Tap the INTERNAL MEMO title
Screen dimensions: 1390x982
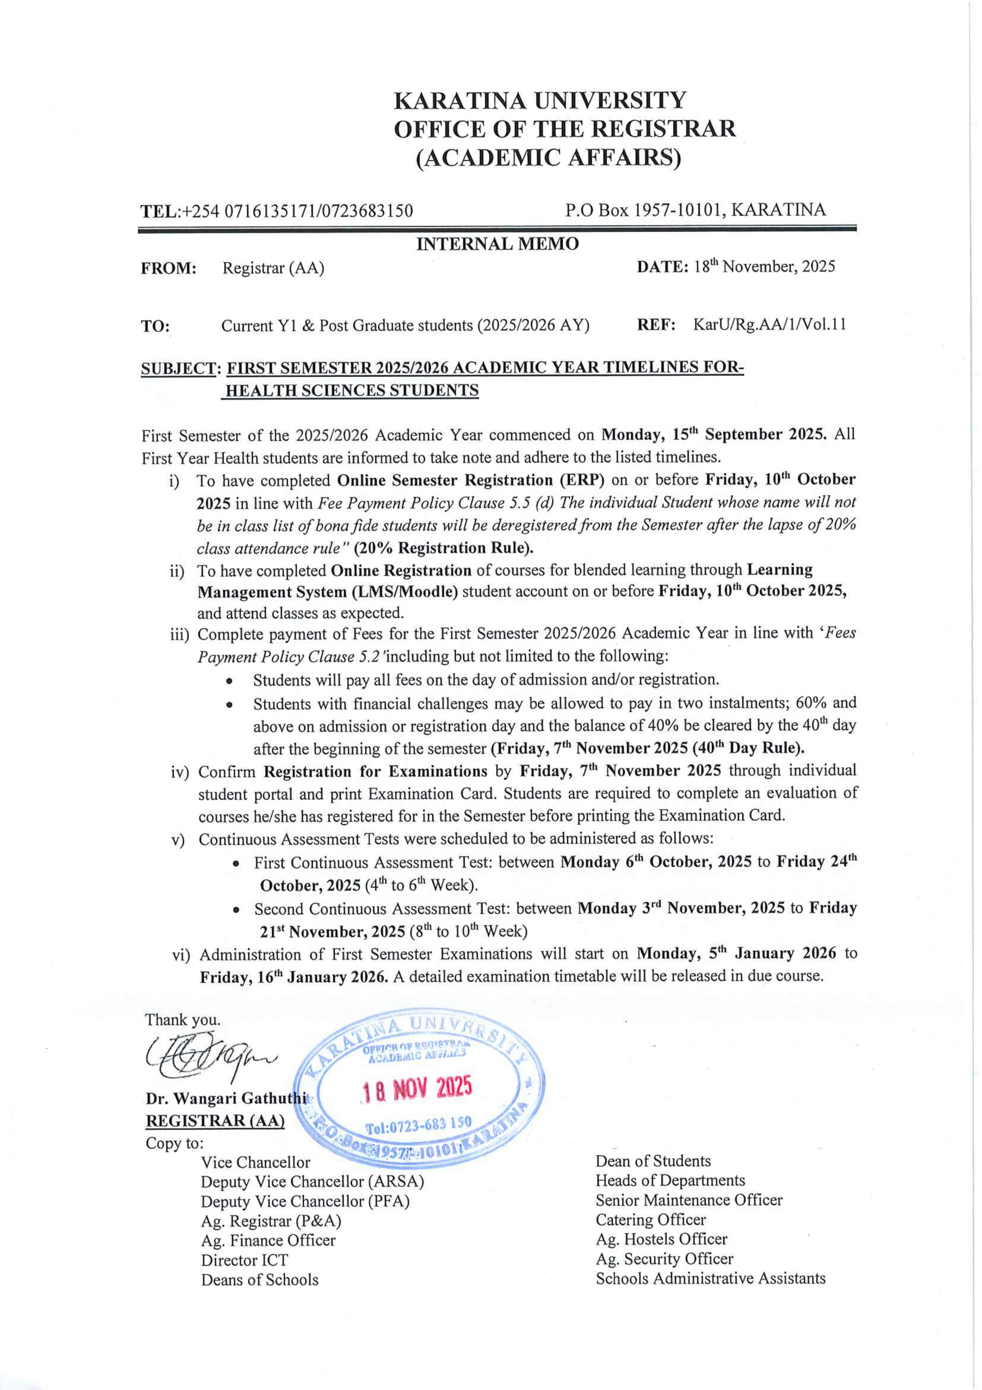coord(497,244)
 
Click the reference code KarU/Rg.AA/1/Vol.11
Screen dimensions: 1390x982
coord(769,325)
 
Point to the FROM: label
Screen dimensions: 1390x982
coord(169,268)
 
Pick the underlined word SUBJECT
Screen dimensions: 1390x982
coord(179,368)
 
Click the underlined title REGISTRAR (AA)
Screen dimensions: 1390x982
coord(215,1121)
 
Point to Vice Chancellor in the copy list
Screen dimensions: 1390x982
coord(255,1162)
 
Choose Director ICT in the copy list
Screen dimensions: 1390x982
coord(245,1260)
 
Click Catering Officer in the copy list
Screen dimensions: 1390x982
coord(650,1220)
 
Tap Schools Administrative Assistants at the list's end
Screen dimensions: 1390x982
coord(710,1278)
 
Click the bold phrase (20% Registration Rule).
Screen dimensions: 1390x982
coord(444,548)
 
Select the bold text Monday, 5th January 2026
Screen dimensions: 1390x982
coord(736,953)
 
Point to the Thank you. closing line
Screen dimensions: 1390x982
coord(182,1020)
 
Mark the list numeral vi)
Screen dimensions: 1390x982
coord(181,955)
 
